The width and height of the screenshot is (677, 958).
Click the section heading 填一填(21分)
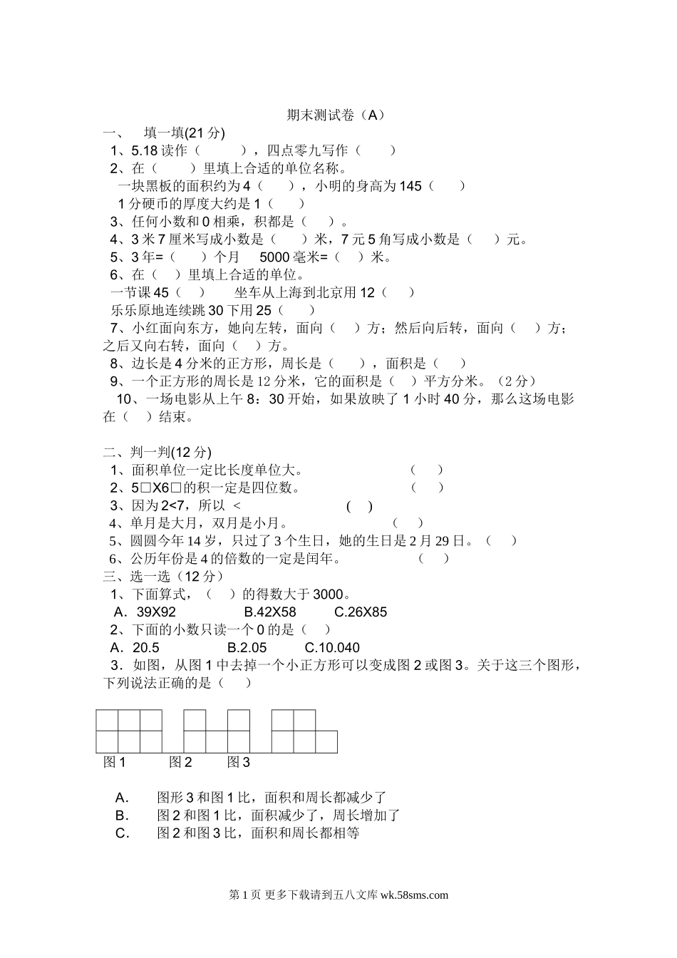click(x=185, y=133)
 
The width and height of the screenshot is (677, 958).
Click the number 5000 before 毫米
click(x=274, y=257)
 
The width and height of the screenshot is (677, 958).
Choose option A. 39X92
click(x=145, y=612)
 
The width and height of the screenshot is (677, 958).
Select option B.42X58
click(x=270, y=612)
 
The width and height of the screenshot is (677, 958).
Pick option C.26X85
click(x=361, y=612)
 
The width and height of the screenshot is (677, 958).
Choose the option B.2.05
click(x=247, y=648)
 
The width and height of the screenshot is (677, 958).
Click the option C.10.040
click(x=332, y=648)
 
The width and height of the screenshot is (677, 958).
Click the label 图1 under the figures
click(x=115, y=763)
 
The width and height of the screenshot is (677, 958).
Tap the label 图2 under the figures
click(x=180, y=763)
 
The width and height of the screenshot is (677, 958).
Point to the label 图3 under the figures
click(x=239, y=763)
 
